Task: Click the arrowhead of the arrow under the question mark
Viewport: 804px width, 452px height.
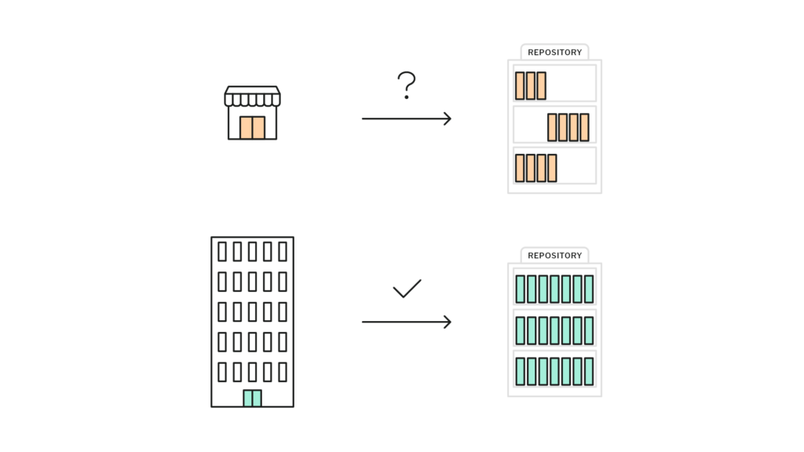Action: (448, 119)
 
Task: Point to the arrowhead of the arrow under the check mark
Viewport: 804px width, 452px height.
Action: (448, 322)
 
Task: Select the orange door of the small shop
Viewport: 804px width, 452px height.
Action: (252, 128)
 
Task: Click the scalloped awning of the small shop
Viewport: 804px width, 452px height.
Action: (252, 97)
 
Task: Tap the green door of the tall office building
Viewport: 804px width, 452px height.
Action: (252, 398)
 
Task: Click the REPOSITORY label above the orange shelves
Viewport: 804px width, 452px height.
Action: (555, 53)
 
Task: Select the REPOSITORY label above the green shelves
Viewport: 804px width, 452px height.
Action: (555, 255)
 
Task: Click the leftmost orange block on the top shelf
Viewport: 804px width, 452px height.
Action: (520, 86)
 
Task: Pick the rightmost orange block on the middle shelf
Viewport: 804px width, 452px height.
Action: (584, 127)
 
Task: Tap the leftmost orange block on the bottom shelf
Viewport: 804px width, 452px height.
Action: (520, 168)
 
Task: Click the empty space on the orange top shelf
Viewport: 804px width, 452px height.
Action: (570, 83)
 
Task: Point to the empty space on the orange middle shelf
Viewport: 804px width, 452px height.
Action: (530, 125)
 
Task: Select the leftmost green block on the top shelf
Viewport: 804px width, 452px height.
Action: (521, 289)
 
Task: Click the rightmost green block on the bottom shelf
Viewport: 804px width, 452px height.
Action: (589, 371)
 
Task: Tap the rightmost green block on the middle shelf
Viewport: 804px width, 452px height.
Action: (589, 330)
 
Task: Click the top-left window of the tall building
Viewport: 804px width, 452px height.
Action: (222, 252)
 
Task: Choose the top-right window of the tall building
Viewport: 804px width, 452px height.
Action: (283, 252)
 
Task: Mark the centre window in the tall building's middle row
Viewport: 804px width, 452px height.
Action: (252, 312)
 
